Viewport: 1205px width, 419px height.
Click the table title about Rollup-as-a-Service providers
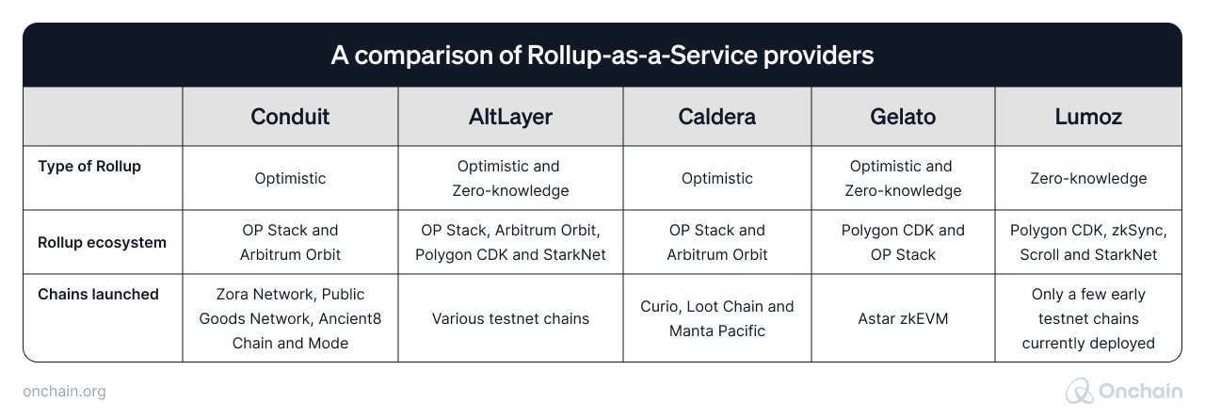(602, 56)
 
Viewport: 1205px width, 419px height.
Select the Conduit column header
(290, 117)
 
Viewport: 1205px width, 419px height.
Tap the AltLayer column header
(509, 117)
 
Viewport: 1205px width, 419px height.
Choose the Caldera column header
(716, 117)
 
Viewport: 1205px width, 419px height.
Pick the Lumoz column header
(1087, 117)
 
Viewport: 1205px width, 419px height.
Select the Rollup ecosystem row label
(102, 242)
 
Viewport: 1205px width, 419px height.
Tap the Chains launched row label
(98, 295)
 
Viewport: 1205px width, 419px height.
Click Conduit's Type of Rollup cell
(290, 178)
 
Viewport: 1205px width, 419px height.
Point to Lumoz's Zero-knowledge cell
(1087, 178)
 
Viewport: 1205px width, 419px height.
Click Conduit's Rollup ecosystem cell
(290, 242)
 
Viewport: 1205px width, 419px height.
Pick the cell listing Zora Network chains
(290, 318)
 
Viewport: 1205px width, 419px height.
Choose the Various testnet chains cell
(510, 318)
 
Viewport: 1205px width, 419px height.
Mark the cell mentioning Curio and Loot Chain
(717, 318)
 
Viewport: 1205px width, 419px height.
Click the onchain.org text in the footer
(63, 392)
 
